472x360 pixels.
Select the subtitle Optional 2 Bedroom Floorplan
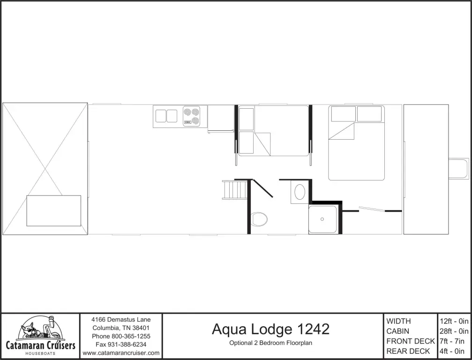point(270,343)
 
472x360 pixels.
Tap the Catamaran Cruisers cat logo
point(40,330)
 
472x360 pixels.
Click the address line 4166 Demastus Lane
point(121,320)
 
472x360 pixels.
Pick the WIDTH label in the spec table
point(398,321)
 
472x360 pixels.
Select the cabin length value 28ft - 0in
point(454,331)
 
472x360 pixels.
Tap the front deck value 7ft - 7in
point(454,341)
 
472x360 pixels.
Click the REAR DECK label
point(408,351)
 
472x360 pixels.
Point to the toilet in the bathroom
point(259,218)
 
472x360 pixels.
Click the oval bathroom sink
point(300,192)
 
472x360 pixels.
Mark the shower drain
point(322,219)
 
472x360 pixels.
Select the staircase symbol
point(235,190)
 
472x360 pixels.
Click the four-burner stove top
point(191,116)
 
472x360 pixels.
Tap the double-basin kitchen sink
point(166,116)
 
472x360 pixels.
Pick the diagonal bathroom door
point(263,187)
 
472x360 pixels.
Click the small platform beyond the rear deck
point(458,168)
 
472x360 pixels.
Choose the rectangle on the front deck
point(53,210)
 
